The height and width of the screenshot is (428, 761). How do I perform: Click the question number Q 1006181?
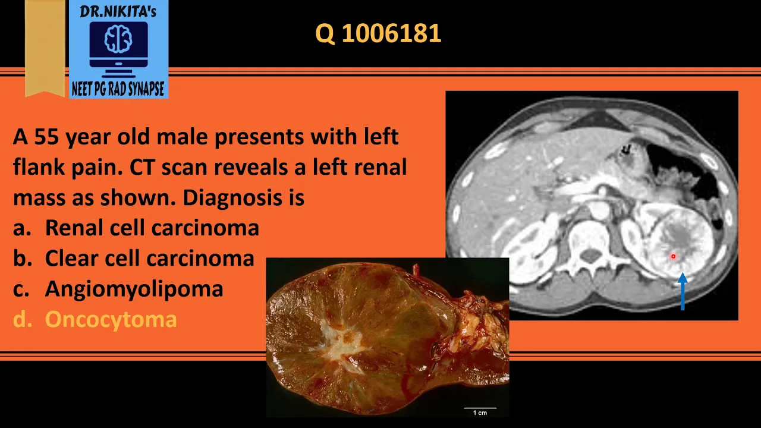pyautogui.click(x=378, y=33)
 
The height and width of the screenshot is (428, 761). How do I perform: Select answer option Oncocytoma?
pyautogui.click(x=111, y=319)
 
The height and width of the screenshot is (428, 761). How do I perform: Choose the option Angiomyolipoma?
pyautogui.click(x=134, y=289)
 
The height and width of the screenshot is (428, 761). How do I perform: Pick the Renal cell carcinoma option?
pyautogui.click(x=152, y=228)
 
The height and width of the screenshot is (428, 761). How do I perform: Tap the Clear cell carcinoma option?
pyautogui.click(x=149, y=258)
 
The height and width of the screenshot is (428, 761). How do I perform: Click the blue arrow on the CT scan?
pyautogui.click(x=683, y=291)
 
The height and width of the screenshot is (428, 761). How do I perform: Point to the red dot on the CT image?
pyautogui.click(x=674, y=256)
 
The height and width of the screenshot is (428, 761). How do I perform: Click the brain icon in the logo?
pyautogui.click(x=118, y=39)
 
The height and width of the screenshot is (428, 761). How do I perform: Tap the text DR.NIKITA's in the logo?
pyautogui.click(x=118, y=11)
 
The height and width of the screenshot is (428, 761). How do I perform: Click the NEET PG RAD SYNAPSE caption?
pyautogui.click(x=118, y=89)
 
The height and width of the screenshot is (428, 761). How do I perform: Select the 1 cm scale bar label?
pyautogui.click(x=480, y=413)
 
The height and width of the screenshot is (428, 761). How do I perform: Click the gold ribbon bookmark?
pyautogui.click(x=45, y=48)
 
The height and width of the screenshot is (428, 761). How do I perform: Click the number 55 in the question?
pyautogui.click(x=46, y=137)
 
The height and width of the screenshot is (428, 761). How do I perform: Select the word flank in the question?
pyautogui.click(x=39, y=167)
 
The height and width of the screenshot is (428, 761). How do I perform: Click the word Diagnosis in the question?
pyautogui.click(x=232, y=198)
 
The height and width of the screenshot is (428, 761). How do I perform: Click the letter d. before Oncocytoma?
pyautogui.click(x=23, y=319)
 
